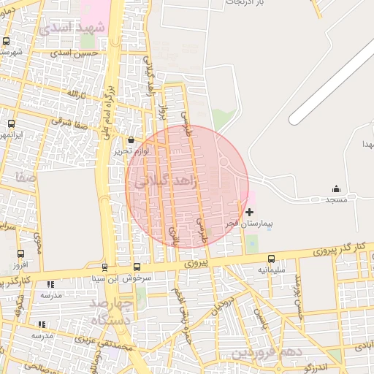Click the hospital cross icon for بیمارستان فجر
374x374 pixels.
[x=250, y=211]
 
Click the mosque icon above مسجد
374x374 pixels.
[x=336, y=188]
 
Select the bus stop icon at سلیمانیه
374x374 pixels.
[x=272, y=259]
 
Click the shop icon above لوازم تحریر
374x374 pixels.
[x=131, y=140]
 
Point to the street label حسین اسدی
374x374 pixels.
[x=80, y=53]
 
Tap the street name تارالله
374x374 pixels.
[x=77, y=95]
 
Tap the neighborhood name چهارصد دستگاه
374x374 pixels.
[x=112, y=310]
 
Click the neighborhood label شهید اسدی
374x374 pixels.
[x=73, y=28]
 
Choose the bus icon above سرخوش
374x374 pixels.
[x=137, y=267]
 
